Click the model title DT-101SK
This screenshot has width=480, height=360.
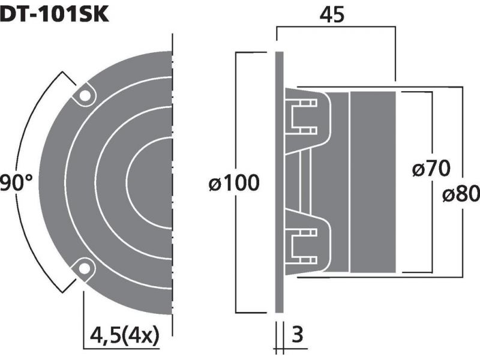[54, 14]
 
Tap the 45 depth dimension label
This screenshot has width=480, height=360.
[332, 14]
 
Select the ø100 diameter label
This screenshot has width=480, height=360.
[234, 183]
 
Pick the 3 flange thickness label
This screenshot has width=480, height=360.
[297, 335]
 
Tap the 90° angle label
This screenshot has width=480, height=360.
[16, 183]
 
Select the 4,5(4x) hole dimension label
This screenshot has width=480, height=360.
[125, 335]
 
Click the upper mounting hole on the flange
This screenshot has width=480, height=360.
[85, 95]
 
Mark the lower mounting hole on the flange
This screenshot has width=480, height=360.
[85, 268]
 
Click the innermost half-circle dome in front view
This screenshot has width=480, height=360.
[149, 183]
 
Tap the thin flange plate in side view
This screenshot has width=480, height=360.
[279, 182]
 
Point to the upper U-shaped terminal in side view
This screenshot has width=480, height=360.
[302, 116]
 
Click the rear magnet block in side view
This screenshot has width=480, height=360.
[373, 182]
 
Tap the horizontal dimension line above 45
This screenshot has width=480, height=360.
[336, 26]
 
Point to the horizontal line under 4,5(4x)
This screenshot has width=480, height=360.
[122, 349]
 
